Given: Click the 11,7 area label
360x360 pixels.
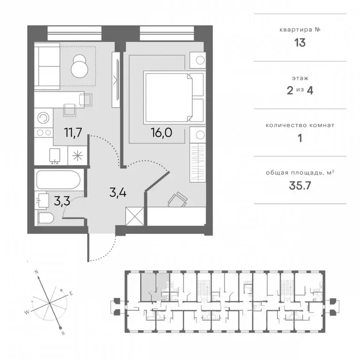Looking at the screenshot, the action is [73, 133].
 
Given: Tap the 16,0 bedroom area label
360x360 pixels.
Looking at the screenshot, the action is [161, 133].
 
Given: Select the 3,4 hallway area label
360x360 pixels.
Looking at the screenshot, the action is [118, 192].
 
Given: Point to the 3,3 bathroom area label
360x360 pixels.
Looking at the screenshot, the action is [62, 201].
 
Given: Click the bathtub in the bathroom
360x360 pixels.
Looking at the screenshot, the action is [58, 180].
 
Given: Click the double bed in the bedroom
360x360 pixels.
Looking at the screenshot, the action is [173, 97].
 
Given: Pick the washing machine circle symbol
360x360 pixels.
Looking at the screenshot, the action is [44, 118].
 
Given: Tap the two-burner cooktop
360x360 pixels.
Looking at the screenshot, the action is [44, 133].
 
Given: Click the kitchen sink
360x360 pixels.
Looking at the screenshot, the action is [55, 156].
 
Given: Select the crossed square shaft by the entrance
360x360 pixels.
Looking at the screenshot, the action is [135, 216].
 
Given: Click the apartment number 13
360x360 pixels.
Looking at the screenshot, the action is [300, 43].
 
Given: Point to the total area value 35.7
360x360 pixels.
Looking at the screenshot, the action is [300, 185].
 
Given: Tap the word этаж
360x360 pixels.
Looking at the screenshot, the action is [300, 78].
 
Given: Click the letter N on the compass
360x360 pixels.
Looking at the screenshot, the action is [36, 272].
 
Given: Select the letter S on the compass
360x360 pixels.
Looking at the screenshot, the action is [63, 333].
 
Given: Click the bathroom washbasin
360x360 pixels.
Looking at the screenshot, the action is [43, 201].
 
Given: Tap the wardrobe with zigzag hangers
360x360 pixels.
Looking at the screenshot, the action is [197, 163].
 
